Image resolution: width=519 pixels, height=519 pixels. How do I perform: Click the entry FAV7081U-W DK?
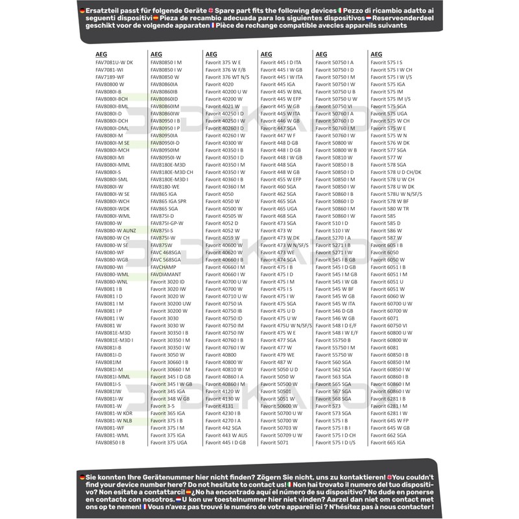114,62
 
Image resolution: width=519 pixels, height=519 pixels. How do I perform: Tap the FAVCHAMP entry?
163,267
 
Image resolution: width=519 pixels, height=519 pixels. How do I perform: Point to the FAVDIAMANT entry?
165,274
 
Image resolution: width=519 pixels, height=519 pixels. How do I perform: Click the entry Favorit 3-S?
162,406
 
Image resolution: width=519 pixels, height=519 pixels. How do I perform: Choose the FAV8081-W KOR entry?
114,413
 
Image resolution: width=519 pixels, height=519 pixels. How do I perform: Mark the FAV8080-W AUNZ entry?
115,230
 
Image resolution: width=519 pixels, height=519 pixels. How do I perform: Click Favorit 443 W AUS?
226,435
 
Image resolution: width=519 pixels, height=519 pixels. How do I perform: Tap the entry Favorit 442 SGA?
223,428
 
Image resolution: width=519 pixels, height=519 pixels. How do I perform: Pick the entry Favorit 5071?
274,442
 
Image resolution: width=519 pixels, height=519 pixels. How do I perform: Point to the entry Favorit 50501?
275,391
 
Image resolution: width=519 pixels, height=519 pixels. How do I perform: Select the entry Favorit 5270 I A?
333,238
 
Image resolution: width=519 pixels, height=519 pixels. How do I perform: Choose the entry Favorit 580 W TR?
389,209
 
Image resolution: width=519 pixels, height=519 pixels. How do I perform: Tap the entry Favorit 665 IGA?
387,442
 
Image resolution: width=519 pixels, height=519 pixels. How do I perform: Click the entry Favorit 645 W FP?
390,421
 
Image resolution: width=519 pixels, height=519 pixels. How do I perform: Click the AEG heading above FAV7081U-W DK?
101,54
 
